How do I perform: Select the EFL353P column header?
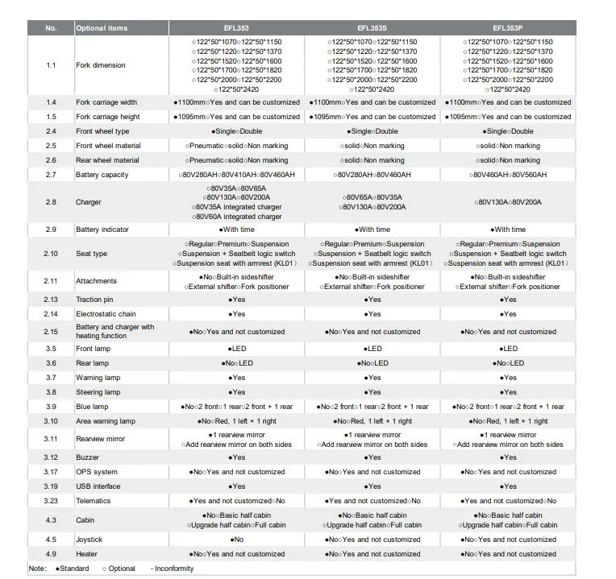tap(508, 28)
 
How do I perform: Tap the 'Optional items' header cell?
tap(102, 28)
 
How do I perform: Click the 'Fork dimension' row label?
tap(101, 65)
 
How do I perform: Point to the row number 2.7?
tap(51, 175)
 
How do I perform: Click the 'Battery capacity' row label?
tap(102, 175)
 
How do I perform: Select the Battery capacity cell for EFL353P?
tap(508, 175)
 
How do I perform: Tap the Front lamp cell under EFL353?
tap(236, 349)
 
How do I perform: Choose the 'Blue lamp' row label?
tap(92, 407)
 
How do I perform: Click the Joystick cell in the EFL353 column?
tap(236, 540)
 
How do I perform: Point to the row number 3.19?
tap(51, 486)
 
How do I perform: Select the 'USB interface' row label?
tap(98, 486)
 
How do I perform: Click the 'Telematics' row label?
tap(94, 501)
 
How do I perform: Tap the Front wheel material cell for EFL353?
tap(236, 146)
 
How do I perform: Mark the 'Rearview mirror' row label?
tap(101, 439)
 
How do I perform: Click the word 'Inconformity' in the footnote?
tap(174, 569)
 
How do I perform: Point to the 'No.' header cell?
tap(51, 28)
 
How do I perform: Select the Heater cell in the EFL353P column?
tap(508, 554)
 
